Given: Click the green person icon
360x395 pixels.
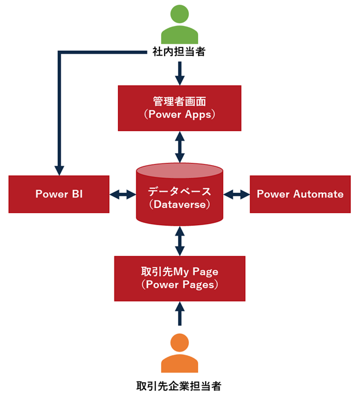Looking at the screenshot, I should coord(179,24).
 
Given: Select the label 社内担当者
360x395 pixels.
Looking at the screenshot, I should coord(179,52).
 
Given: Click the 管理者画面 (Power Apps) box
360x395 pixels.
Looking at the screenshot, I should coord(179,108).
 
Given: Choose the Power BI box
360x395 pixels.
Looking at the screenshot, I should coord(59,194).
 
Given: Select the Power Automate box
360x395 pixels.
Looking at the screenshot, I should coord(300,194).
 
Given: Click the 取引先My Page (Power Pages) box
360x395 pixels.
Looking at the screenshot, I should coord(179,278).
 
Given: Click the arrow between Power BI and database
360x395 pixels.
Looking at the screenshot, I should coord(123,195).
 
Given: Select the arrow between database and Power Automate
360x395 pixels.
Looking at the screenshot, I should coord(236,195).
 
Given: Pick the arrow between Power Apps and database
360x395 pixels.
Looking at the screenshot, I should coord(180,147).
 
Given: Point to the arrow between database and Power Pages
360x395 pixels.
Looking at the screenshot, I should coord(180,241).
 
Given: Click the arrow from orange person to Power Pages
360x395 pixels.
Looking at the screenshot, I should coord(180,315).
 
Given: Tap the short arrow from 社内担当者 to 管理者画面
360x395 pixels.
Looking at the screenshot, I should coord(180,72).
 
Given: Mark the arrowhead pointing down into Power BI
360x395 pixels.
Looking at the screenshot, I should coord(59,170).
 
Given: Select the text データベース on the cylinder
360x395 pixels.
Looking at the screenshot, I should coord(179,191).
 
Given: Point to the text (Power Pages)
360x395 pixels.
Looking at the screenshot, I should coord(179,285).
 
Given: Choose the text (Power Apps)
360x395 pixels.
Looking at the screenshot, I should coord(179,114).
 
